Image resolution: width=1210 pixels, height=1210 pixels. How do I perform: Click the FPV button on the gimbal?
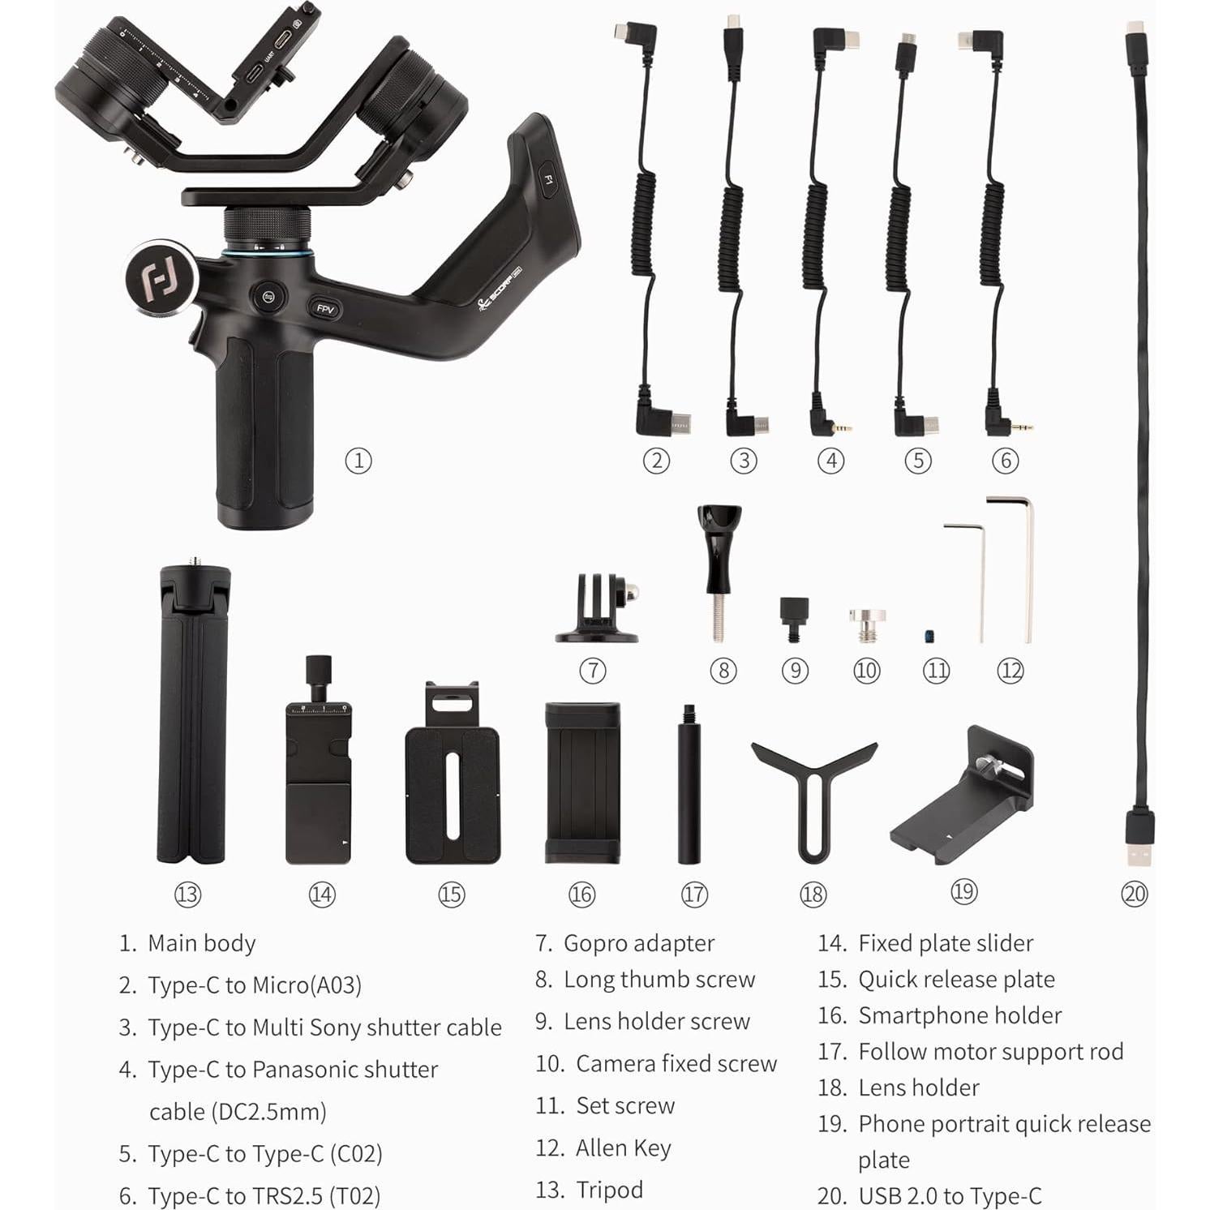click(325, 309)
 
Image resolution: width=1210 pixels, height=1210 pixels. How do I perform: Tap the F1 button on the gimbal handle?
click(548, 180)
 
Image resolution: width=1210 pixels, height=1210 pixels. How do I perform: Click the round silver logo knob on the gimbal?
click(161, 276)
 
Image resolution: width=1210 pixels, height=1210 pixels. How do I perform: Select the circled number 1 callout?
click(358, 461)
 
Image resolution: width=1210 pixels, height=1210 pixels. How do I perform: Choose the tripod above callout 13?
click(191, 714)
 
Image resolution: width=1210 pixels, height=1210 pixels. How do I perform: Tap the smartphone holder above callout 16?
click(582, 783)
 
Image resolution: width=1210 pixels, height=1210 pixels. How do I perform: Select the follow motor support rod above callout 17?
click(689, 785)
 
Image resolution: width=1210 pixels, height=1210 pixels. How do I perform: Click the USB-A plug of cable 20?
click(1139, 839)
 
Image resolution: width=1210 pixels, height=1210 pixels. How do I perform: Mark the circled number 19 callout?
click(963, 891)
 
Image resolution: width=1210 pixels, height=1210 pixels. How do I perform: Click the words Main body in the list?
click(201, 943)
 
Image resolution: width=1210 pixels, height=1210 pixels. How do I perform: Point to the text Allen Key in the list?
click(623, 1148)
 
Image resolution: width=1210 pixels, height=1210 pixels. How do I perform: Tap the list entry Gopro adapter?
click(638, 943)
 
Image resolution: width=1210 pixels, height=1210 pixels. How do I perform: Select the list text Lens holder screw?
click(656, 1021)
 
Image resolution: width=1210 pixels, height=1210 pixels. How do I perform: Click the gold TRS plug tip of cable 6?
click(1027, 427)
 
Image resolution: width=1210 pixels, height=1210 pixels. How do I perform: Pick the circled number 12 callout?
click(1010, 671)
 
